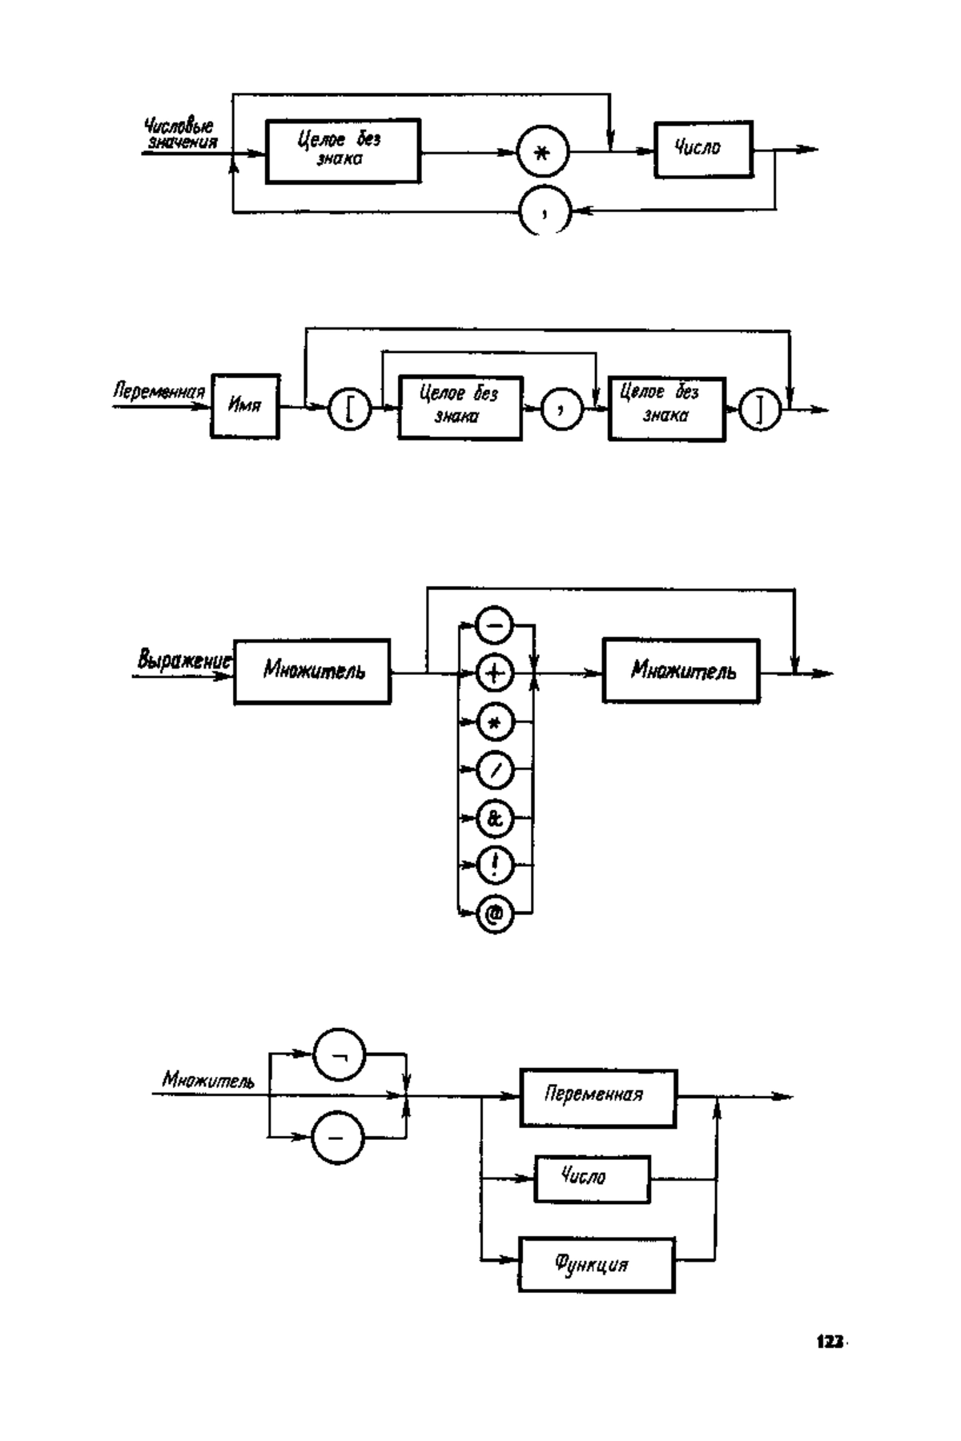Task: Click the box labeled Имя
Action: point(245,406)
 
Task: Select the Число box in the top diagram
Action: point(703,149)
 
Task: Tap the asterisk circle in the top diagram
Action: point(542,153)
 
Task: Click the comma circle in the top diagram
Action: point(545,211)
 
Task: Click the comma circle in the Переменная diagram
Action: point(563,410)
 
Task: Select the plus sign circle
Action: point(495,674)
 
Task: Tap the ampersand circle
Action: point(495,818)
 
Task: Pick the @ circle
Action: point(495,913)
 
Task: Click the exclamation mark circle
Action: point(495,865)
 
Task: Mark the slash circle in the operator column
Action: point(495,770)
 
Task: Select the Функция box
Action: point(596,1264)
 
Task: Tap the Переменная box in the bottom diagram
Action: point(597,1098)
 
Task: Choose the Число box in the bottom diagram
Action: point(591,1178)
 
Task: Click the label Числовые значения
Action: point(181,133)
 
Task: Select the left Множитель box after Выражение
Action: point(312,671)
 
